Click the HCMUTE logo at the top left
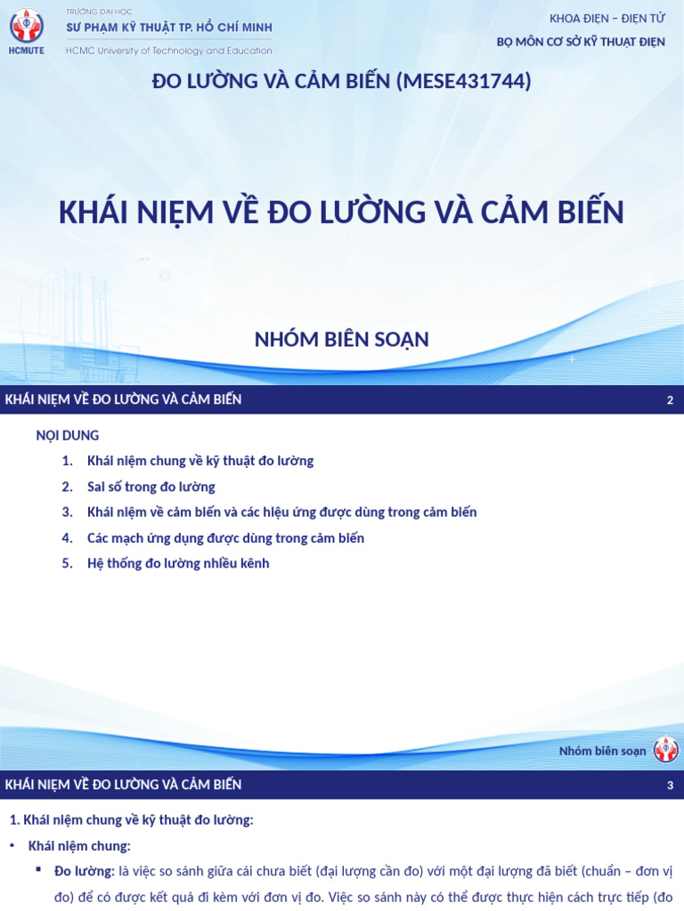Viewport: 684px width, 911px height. pyautogui.click(x=26, y=29)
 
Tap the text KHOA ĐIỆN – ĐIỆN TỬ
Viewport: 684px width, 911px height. pyautogui.click(x=607, y=19)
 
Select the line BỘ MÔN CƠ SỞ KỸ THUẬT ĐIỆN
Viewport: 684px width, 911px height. pyautogui.click(x=580, y=42)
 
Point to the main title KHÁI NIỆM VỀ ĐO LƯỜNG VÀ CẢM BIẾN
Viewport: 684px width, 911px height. pyautogui.click(x=341, y=213)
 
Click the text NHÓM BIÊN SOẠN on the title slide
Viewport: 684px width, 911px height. pyautogui.click(x=342, y=339)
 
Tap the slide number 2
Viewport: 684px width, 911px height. pyautogui.click(x=670, y=400)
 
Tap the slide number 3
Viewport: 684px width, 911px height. pyautogui.click(x=670, y=786)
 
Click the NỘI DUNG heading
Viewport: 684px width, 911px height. pyautogui.click(x=67, y=435)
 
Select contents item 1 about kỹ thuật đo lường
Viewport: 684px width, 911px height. pyautogui.click(x=200, y=461)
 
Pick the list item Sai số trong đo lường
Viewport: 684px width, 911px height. pyautogui.click(x=151, y=487)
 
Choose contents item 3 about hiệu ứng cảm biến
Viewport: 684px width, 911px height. pyautogui.click(x=281, y=512)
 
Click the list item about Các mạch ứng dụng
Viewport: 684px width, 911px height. pyautogui.click(x=225, y=538)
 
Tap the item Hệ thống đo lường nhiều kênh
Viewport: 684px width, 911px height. pyautogui.click(x=178, y=563)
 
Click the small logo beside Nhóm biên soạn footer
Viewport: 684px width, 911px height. pyautogui.click(x=665, y=750)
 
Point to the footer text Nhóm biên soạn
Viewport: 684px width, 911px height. pyautogui.click(x=602, y=751)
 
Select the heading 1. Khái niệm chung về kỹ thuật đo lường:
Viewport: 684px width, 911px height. pyautogui.click(x=131, y=820)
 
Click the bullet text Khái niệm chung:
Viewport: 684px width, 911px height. pyautogui.click(x=79, y=845)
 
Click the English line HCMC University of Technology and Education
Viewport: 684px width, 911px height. pyautogui.click(x=169, y=51)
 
